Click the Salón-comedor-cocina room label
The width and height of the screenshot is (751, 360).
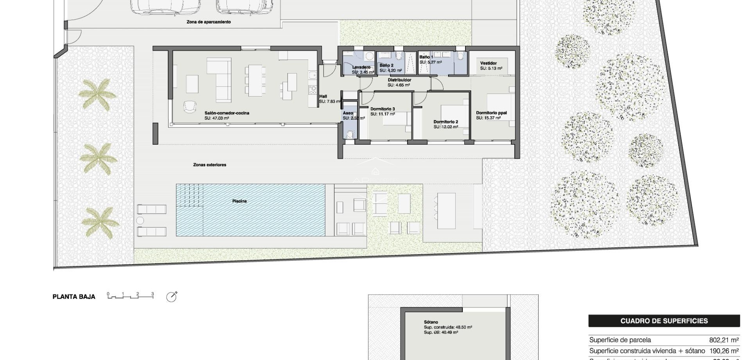click(x=226, y=113)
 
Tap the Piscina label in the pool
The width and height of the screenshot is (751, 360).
click(x=239, y=201)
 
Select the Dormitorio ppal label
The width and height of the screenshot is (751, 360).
click(x=491, y=113)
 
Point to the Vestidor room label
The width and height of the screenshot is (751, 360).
click(x=488, y=63)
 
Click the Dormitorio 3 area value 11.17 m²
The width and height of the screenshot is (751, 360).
click(x=383, y=114)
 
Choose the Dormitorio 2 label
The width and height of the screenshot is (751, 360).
click(x=446, y=122)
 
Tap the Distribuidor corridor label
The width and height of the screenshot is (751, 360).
click(x=399, y=80)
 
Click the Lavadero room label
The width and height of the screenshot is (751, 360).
click(x=361, y=67)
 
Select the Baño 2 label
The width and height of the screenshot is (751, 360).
click(x=386, y=65)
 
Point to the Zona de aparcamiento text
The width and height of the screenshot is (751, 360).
click(x=208, y=22)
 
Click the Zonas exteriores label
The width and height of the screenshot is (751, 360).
click(x=210, y=165)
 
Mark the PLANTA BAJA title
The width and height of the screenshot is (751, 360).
click(x=74, y=297)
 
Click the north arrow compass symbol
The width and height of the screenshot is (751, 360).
click(x=171, y=297)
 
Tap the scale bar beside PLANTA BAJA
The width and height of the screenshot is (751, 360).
click(x=130, y=296)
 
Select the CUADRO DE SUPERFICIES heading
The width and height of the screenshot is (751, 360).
click(x=664, y=321)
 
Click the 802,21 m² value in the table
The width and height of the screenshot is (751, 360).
click(x=724, y=340)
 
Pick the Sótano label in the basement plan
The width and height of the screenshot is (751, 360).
click(x=431, y=322)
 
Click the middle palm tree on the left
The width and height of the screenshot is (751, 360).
click(x=98, y=158)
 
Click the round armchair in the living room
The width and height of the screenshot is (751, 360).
click(x=190, y=106)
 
